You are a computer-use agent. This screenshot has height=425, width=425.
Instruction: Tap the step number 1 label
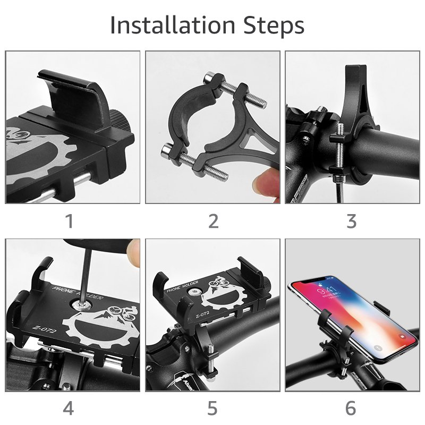(x=69, y=221)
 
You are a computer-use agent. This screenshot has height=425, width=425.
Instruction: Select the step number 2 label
(x=212, y=221)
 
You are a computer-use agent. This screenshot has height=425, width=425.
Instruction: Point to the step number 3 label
(x=351, y=221)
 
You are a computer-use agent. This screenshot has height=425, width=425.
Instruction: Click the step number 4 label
(x=69, y=409)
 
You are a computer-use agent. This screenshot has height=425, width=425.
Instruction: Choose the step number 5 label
(x=212, y=409)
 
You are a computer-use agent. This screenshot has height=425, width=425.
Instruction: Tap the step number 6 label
(x=351, y=409)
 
